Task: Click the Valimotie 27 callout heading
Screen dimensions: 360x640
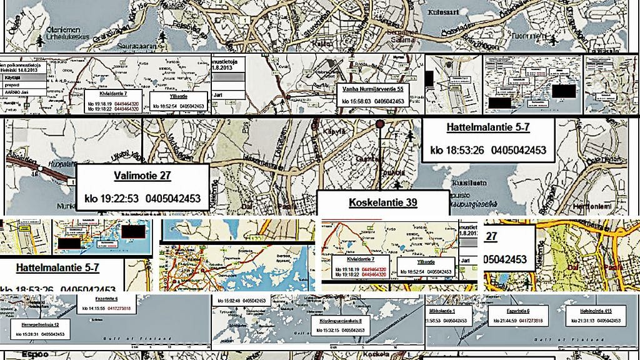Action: pyautogui.click(x=142, y=176)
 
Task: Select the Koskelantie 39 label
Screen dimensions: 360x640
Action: pyautogui.click(x=382, y=202)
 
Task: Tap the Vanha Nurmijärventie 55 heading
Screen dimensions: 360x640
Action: pyautogui.click(x=374, y=89)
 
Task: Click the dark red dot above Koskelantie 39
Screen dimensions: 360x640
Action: pyautogui.click(x=379, y=124)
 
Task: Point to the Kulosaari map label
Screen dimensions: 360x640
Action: pyautogui.click(x=443, y=12)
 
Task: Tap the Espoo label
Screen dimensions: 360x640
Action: pyautogui.click(x=17, y=354)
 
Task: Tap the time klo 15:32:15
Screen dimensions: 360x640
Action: pyautogui.click(x=323, y=329)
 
